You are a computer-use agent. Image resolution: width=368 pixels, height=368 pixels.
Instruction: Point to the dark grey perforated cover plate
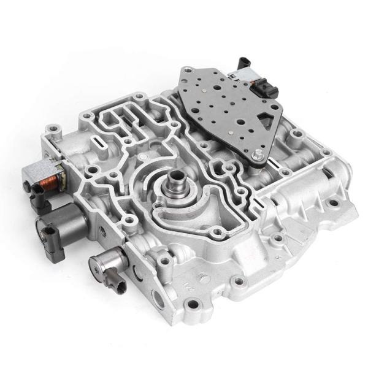(x=227, y=110)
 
